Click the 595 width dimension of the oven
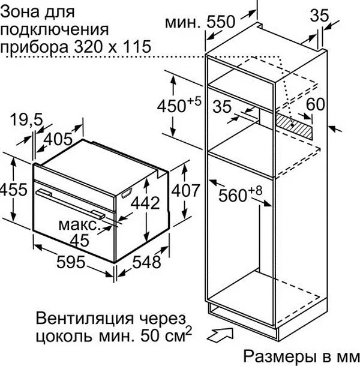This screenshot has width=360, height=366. pos(71,262)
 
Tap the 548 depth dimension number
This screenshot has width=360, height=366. pos(146,262)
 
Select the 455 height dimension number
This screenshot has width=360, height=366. pos(13,190)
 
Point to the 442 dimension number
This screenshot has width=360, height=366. pos(145,203)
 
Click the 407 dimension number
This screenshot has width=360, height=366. pos(186,190)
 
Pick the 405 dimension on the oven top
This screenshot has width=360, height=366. pos(58,139)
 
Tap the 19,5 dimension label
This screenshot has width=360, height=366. pos(26,120)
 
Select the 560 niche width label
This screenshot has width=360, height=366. pos(241,194)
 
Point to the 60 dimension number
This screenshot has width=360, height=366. pos(316,104)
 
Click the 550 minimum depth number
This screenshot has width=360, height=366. pos(220,22)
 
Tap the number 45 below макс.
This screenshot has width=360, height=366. pos(80,240)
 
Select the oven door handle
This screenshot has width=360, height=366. pos(71,203)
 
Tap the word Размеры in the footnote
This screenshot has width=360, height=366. pos(279,356)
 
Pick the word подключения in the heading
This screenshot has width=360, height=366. pos(55,29)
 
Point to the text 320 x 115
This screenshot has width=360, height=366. pos(112,46)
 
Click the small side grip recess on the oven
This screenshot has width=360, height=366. pos(127,193)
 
